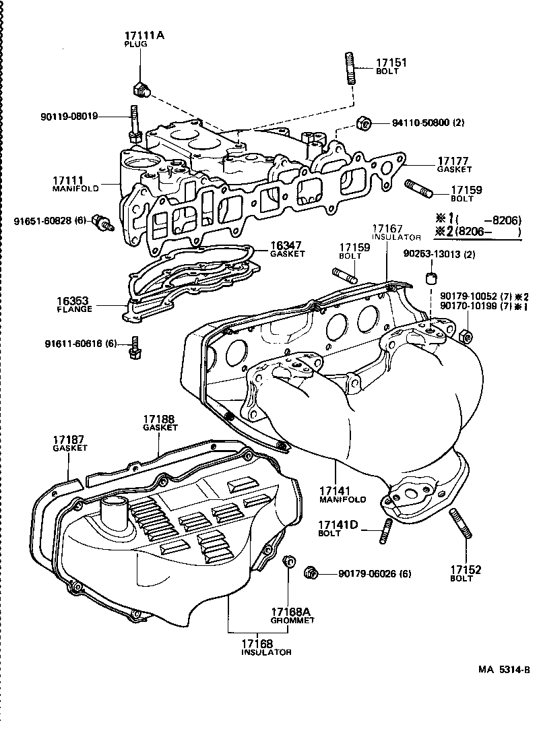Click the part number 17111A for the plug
[144, 34]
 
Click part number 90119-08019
[69, 116]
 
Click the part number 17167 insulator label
[387, 229]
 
